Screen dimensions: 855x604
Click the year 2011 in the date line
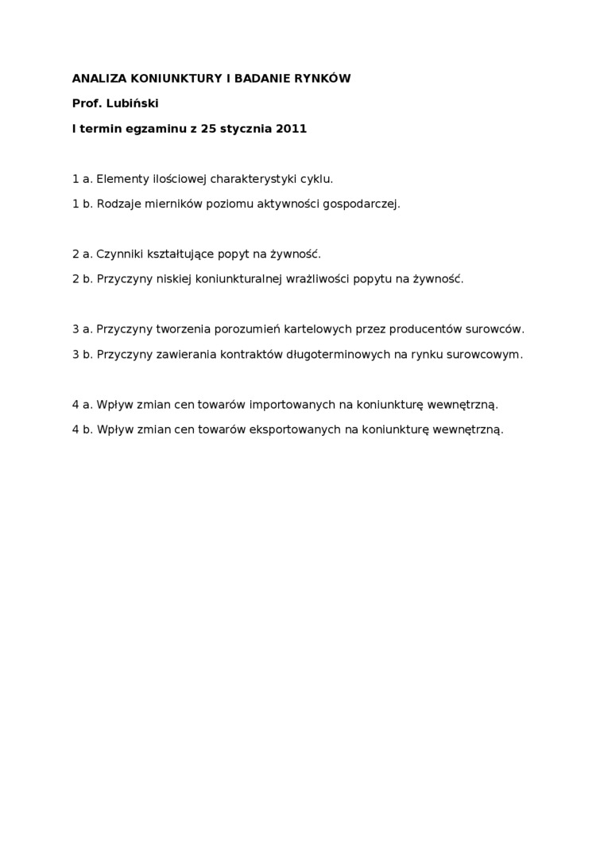coord(291,128)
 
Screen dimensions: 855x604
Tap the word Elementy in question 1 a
coord(122,179)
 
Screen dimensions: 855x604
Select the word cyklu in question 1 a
coord(316,179)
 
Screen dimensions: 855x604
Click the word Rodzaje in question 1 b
coord(118,204)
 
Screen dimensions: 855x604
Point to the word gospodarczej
coord(362,204)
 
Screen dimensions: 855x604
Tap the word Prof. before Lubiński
coord(87,103)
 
